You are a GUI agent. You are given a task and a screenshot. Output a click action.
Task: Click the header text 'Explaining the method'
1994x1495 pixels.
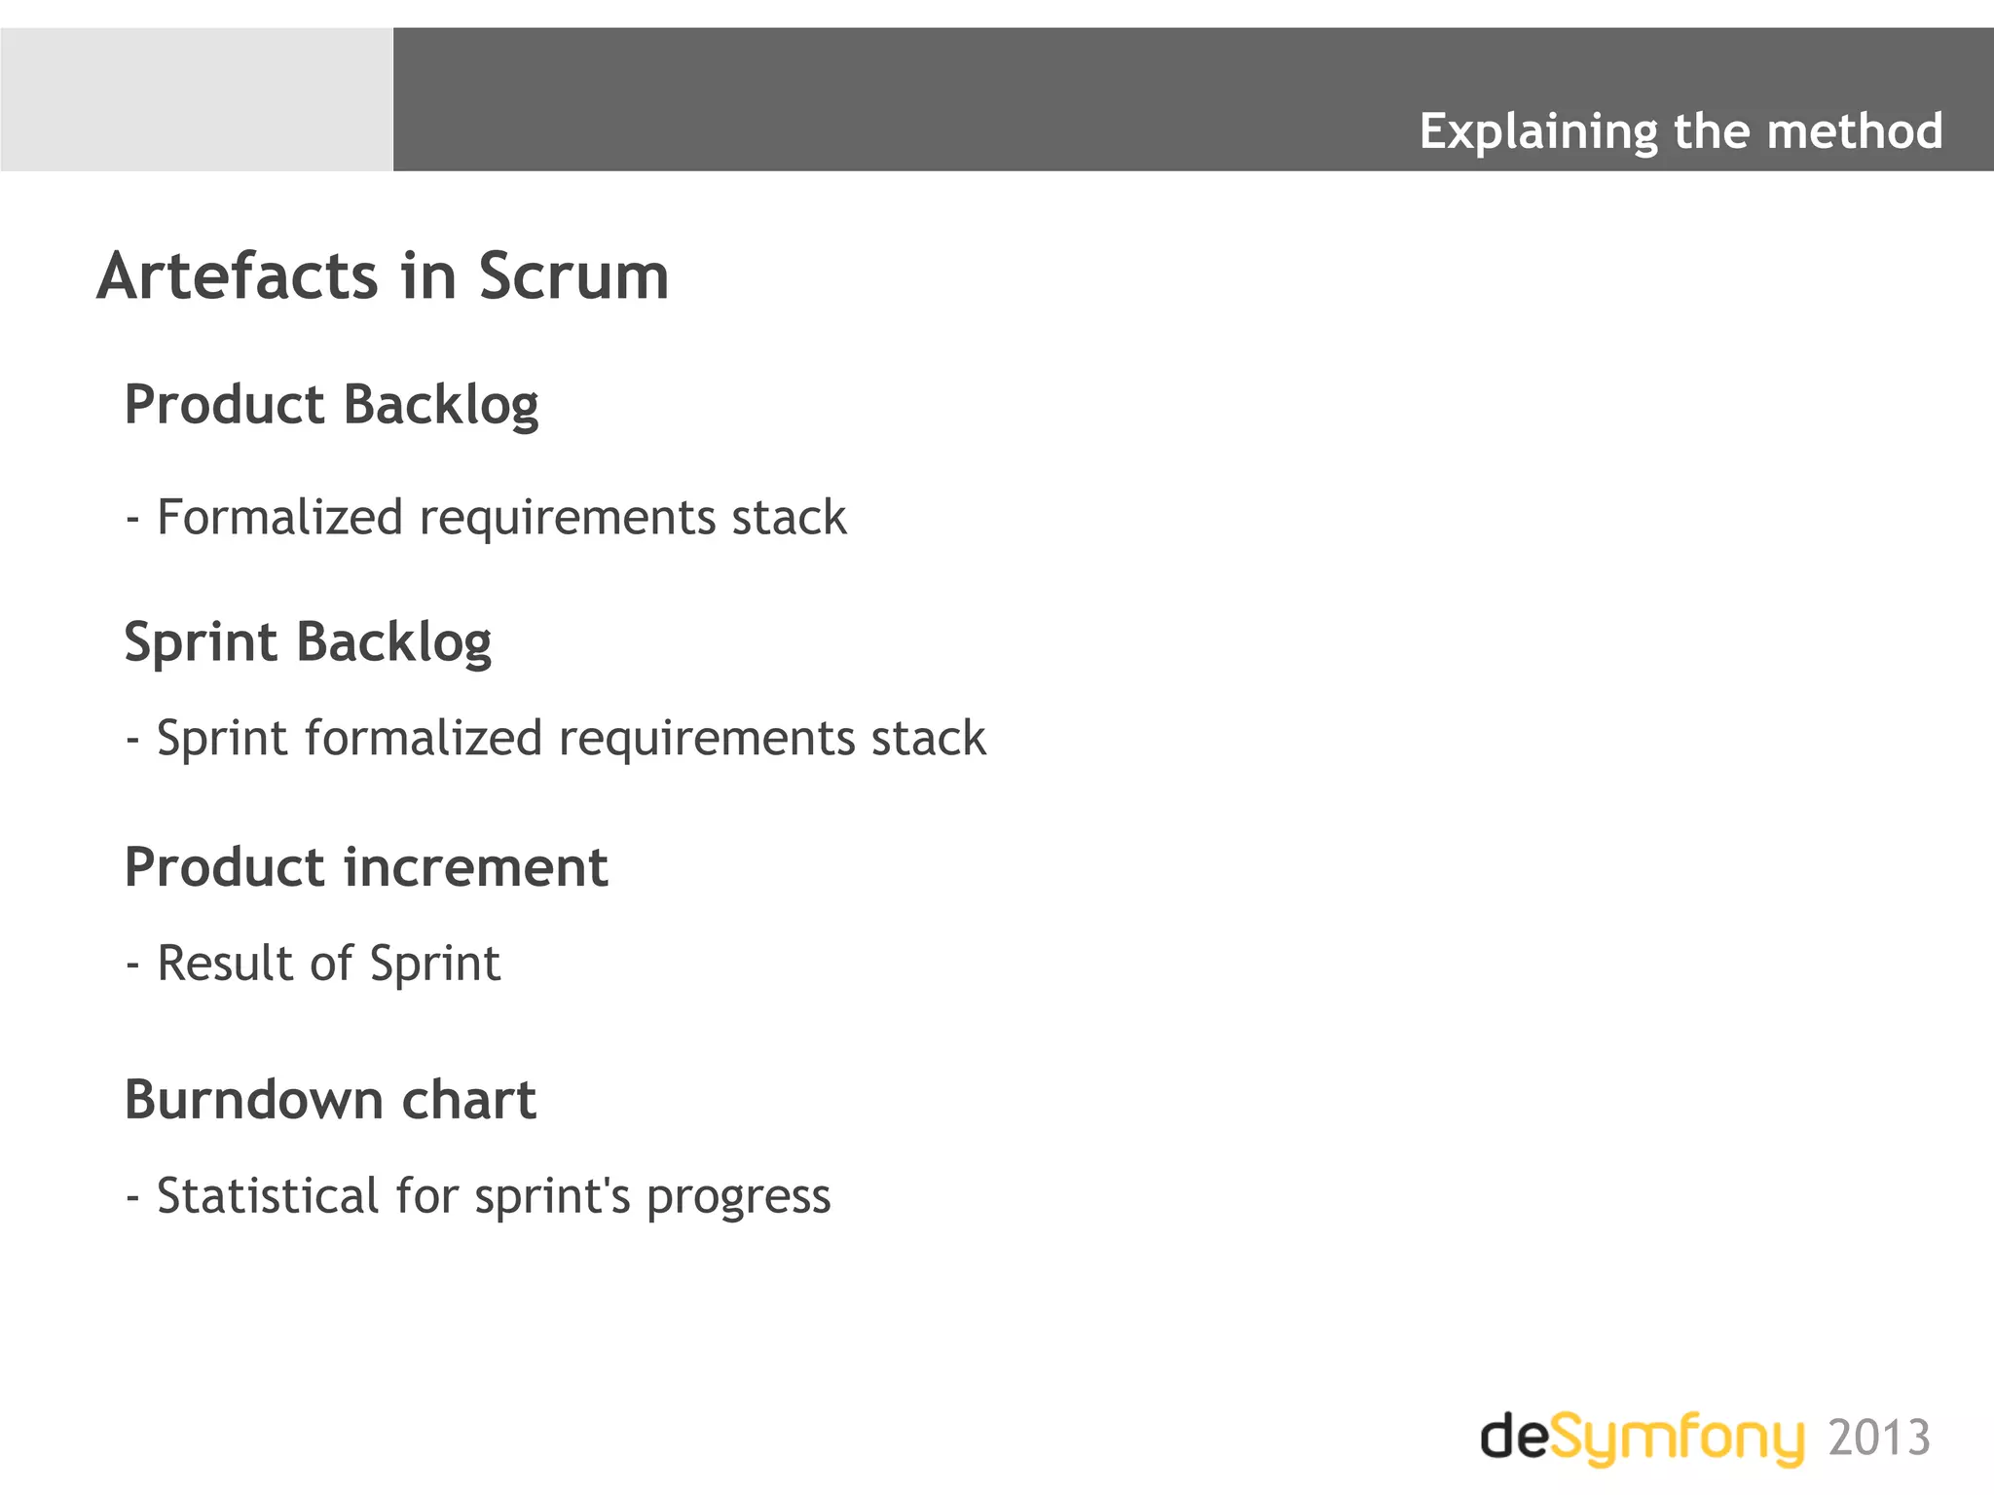pos(1680,131)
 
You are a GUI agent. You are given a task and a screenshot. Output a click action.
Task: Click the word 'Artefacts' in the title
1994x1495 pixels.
pos(237,276)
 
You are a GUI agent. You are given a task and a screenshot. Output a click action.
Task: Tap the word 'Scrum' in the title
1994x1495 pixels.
pos(573,276)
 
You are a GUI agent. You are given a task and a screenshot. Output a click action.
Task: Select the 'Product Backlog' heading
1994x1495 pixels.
pos(331,405)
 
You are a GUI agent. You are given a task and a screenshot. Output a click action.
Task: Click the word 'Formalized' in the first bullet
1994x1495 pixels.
pos(279,517)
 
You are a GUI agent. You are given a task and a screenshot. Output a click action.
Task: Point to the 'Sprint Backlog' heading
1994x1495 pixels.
pos(308,642)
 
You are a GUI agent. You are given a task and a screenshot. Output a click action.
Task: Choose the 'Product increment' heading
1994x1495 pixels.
pos(366,867)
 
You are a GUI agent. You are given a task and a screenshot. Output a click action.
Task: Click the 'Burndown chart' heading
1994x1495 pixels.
pos(330,1101)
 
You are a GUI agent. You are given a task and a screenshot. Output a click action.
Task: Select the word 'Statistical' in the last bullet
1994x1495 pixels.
pos(268,1196)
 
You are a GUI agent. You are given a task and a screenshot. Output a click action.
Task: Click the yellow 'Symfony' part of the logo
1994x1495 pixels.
pos(1677,1439)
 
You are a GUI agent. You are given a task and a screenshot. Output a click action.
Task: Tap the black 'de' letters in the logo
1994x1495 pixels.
pos(1515,1437)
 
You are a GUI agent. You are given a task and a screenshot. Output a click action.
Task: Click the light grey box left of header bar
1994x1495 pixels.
pos(197,99)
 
